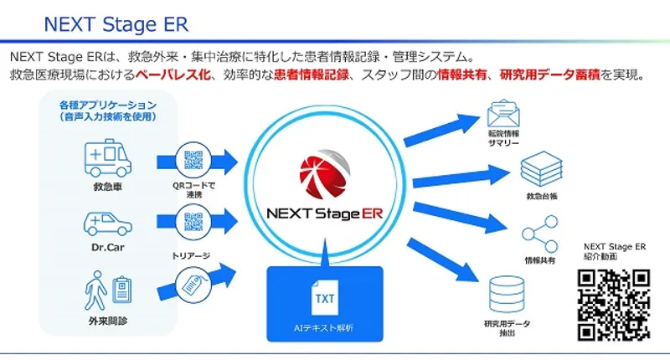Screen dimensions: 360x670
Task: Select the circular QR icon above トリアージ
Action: pyautogui.click(x=193, y=224)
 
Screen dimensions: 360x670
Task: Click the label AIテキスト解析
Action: pyautogui.click(x=324, y=327)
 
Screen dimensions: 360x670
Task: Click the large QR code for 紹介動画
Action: pyautogui.click(x=614, y=303)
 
